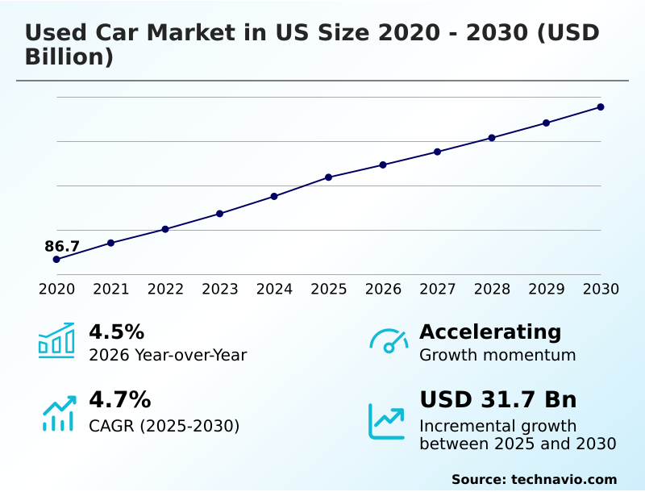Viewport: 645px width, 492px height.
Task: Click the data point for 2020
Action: (56, 259)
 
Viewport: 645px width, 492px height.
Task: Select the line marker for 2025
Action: (328, 177)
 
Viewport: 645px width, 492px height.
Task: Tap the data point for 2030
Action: (601, 106)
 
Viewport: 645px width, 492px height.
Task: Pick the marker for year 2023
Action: (219, 213)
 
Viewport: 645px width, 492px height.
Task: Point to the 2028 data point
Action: (492, 137)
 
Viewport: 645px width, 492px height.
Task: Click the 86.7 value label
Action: (62, 246)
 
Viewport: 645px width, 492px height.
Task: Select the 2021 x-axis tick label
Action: (111, 289)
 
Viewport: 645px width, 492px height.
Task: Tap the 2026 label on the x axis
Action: (383, 289)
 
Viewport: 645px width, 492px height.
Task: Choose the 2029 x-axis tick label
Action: (547, 289)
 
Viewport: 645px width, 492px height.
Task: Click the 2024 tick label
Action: (274, 289)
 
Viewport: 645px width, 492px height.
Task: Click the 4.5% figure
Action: (116, 331)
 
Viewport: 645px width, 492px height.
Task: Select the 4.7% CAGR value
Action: (119, 399)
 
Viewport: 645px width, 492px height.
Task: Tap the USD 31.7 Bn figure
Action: (497, 399)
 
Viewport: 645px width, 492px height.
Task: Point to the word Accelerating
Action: (490, 331)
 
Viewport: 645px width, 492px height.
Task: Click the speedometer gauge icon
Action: (389, 340)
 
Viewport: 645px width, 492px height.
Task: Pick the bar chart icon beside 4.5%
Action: (56, 340)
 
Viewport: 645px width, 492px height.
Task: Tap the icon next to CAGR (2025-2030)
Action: (58, 413)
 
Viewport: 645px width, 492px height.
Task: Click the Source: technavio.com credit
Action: (534, 479)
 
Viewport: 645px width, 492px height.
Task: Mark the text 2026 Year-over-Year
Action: (168, 355)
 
